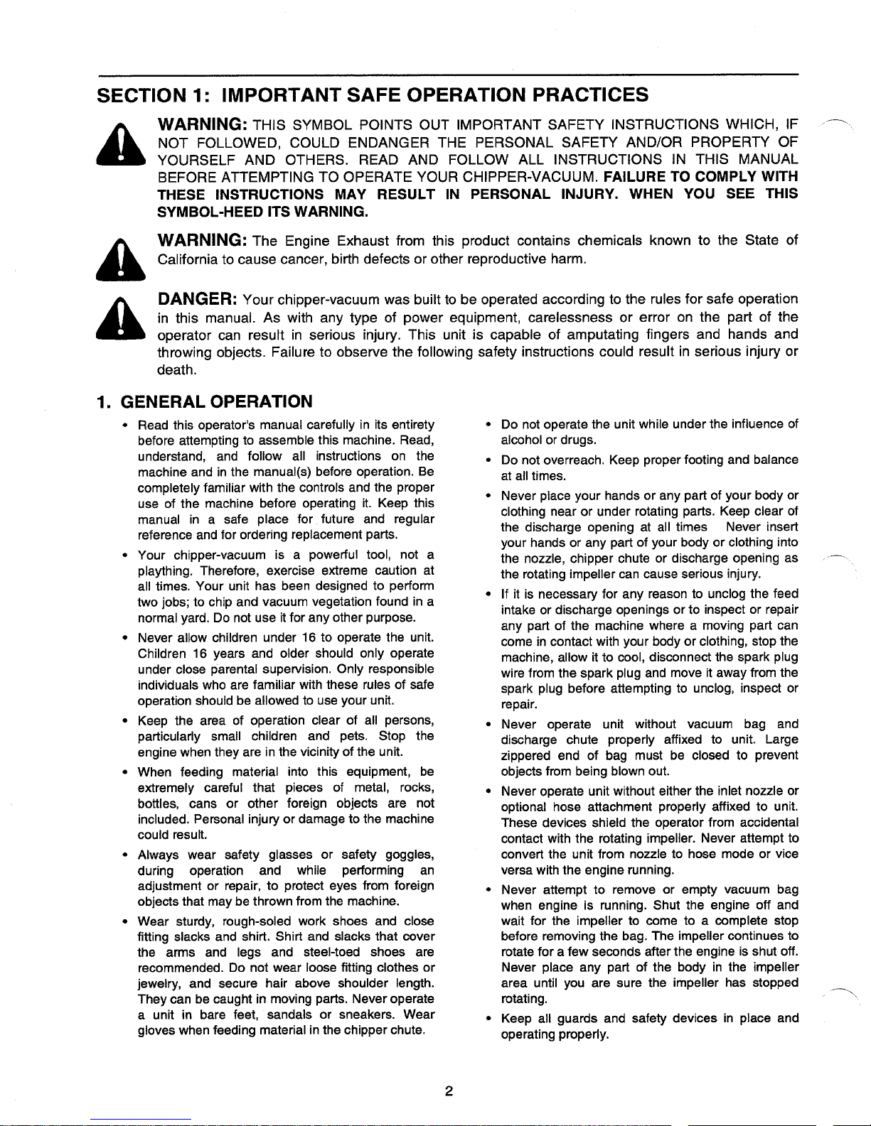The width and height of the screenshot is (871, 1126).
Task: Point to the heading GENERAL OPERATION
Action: tap(218, 401)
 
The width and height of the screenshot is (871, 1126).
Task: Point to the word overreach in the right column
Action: tap(577, 460)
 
